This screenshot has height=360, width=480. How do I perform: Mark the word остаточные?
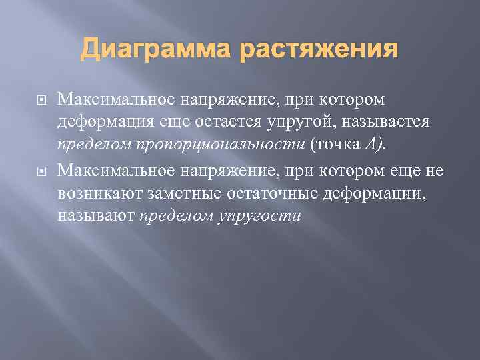click(274, 195)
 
